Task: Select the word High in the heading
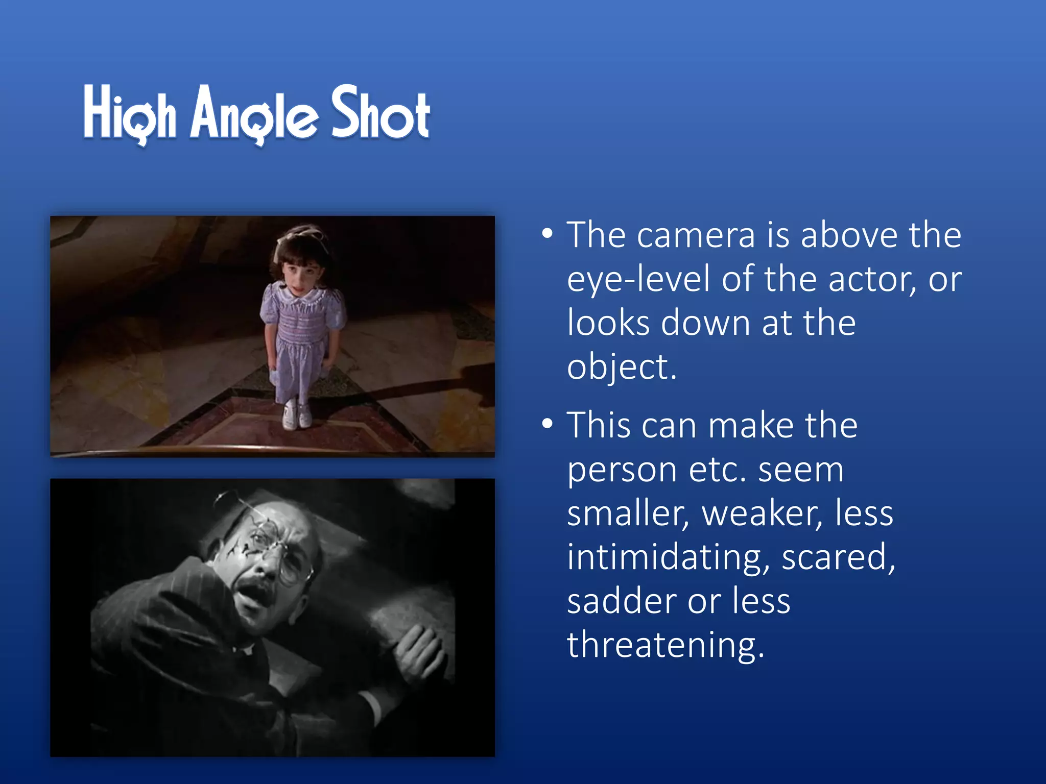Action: pos(130,113)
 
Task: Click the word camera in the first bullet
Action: pos(696,236)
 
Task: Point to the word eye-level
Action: pos(638,280)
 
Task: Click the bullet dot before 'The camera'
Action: pos(547,234)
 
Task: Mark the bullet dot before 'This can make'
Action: pos(547,424)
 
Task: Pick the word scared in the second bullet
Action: pos(838,557)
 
